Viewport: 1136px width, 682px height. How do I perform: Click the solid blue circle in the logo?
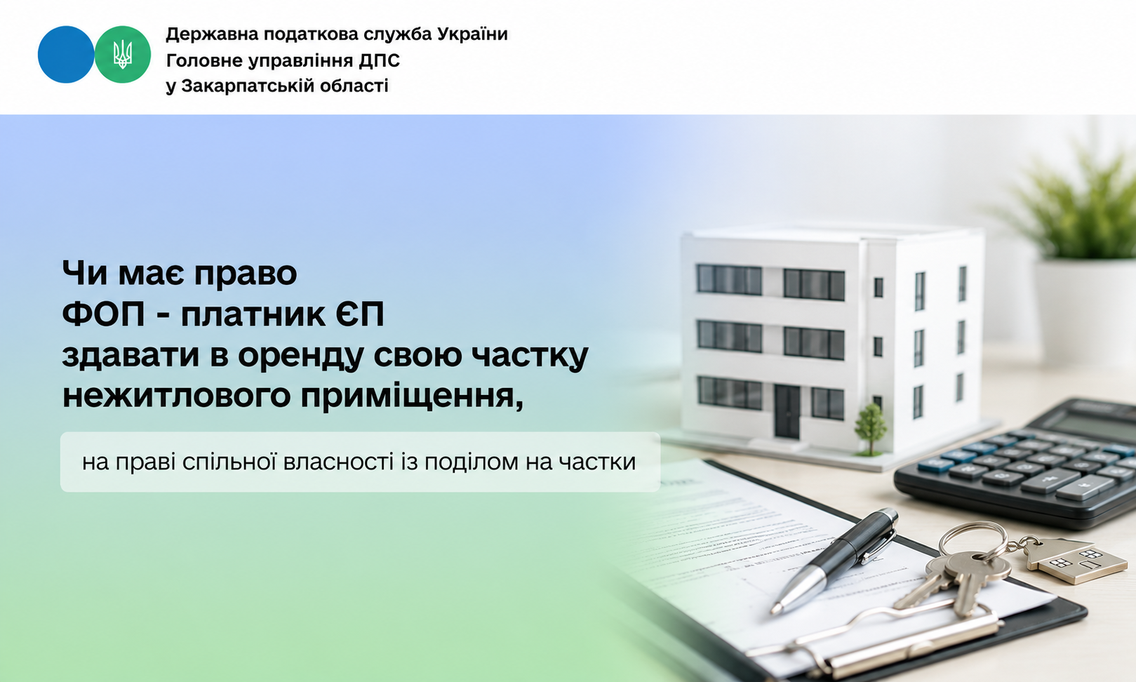pyautogui.click(x=66, y=54)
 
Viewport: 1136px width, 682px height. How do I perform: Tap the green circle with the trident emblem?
pyautogui.click(x=123, y=54)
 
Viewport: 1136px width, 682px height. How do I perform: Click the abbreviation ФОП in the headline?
pyautogui.click(x=103, y=314)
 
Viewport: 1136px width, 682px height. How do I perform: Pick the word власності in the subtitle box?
pyautogui.click(x=338, y=462)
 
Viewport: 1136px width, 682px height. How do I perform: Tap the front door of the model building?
pyautogui.click(x=787, y=412)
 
